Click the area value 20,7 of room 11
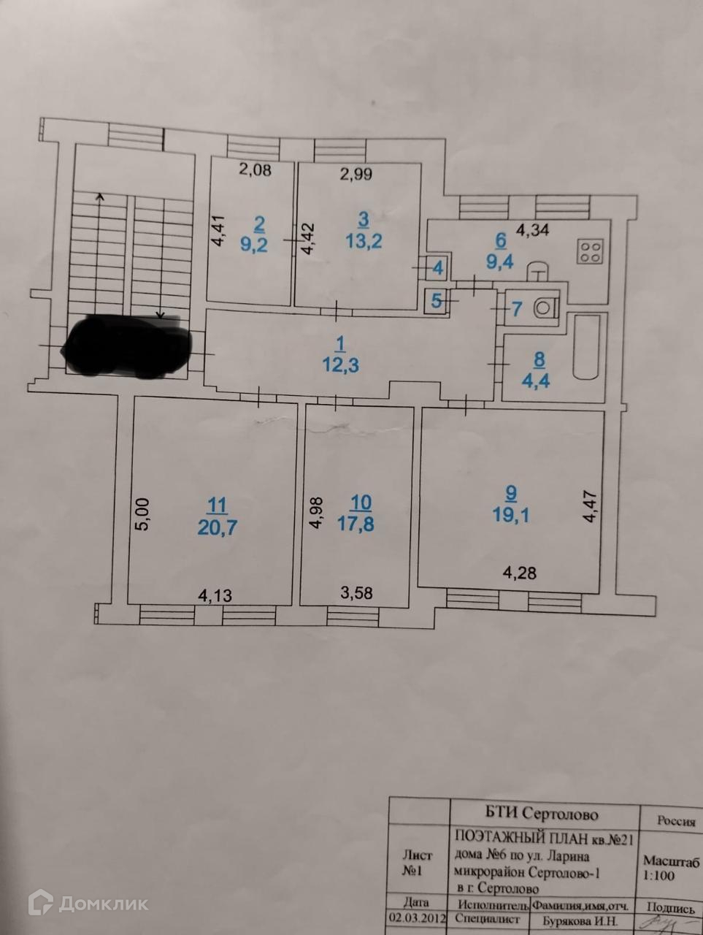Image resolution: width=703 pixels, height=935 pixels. [x=218, y=527]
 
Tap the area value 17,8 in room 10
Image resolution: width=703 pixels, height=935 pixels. [x=361, y=524]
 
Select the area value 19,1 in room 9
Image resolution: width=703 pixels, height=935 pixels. [x=511, y=515]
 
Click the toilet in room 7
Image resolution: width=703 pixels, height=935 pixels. [x=545, y=307]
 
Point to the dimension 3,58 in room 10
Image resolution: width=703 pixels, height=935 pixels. [x=356, y=593]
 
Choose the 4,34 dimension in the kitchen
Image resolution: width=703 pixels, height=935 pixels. [x=532, y=232]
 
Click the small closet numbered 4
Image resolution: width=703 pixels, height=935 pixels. [x=437, y=268]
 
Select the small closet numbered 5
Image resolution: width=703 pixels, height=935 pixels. [x=437, y=300]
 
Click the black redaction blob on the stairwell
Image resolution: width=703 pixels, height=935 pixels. [x=128, y=346]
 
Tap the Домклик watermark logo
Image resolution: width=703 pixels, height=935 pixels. [x=88, y=904]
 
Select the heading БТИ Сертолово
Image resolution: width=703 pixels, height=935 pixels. [x=542, y=814]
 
